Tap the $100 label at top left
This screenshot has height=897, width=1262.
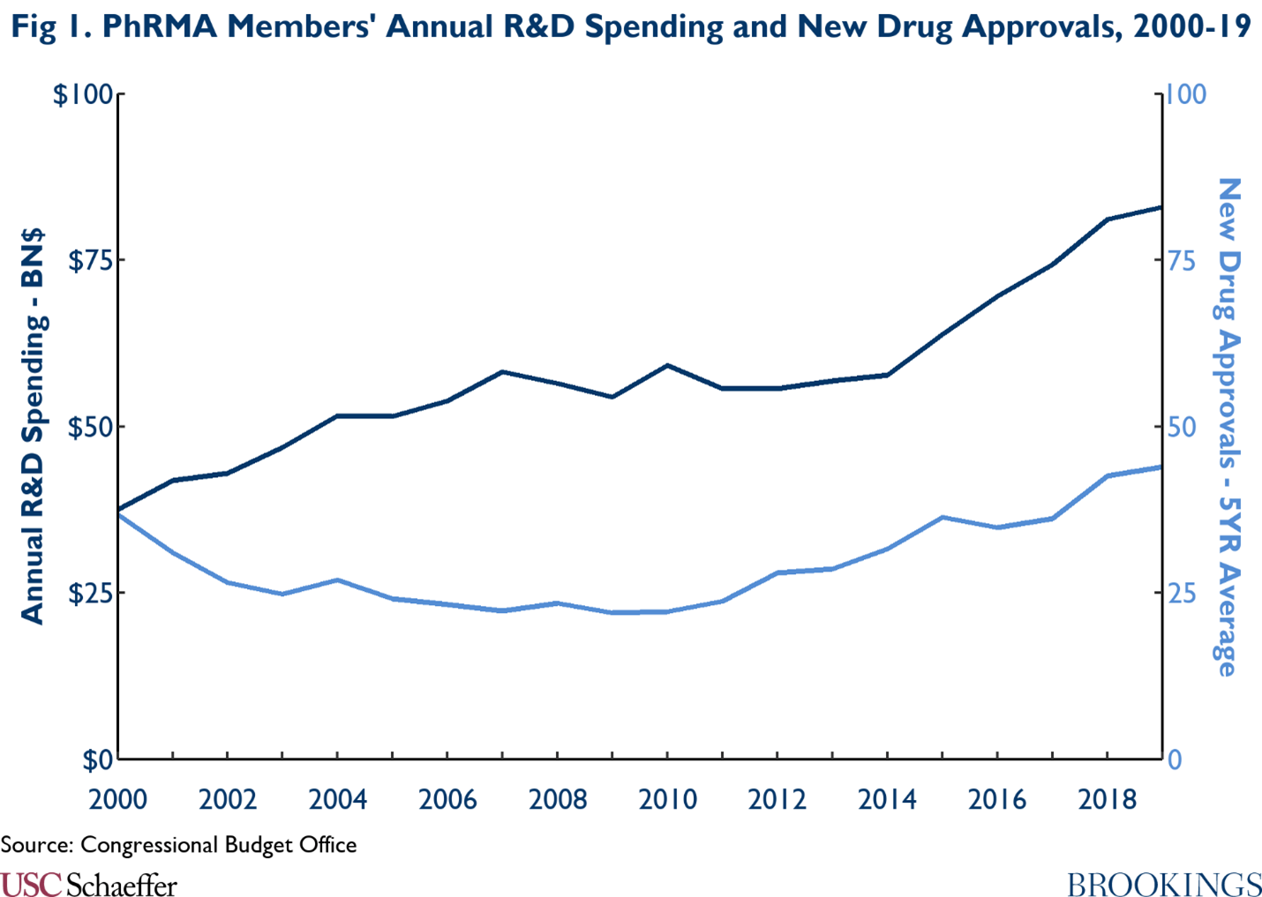click(85, 94)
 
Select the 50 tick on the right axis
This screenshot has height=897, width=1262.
click(1182, 427)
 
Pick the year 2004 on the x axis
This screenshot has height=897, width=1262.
click(337, 800)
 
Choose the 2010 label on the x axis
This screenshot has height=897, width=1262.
click(667, 800)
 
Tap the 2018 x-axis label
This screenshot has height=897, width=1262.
click(1107, 800)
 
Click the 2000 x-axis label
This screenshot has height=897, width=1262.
click(117, 800)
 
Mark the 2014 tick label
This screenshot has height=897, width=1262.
click(887, 800)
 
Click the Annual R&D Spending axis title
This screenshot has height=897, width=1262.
click(32, 427)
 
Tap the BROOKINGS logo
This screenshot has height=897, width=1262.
click(1164, 884)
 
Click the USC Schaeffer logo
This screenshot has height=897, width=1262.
click(88, 884)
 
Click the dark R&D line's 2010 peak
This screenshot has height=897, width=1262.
click(667, 365)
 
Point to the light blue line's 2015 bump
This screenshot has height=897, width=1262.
click(943, 517)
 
